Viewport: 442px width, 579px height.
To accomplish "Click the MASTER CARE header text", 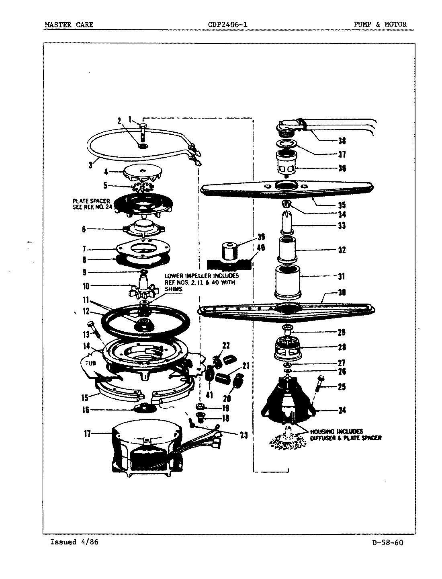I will [69, 25].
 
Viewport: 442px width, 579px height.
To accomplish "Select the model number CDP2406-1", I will [227, 25].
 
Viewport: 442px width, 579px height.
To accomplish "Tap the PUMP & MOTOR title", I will [380, 25].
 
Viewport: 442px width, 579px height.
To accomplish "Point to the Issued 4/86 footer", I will [74, 542].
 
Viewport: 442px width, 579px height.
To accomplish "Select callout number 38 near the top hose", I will [341, 141].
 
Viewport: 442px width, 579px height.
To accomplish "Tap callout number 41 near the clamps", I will [210, 394].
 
